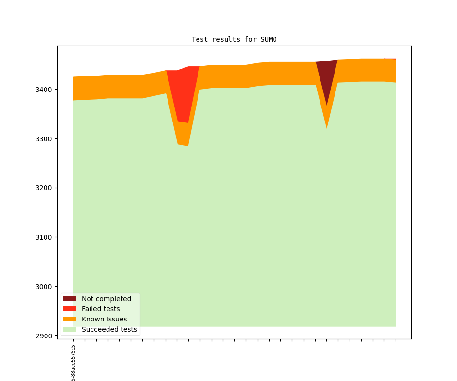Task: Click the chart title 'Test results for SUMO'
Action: (x=234, y=39)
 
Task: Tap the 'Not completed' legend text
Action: (x=107, y=299)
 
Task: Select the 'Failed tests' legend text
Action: (x=101, y=309)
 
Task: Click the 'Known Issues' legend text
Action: (x=104, y=319)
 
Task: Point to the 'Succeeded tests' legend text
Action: (x=109, y=330)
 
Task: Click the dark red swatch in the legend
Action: (x=70, y=299)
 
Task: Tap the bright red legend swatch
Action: (x=70, y=309)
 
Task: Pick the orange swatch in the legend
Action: (x=70, y=319)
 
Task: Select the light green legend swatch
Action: (x=70, y=330)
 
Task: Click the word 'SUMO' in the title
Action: (x=268, y=39)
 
